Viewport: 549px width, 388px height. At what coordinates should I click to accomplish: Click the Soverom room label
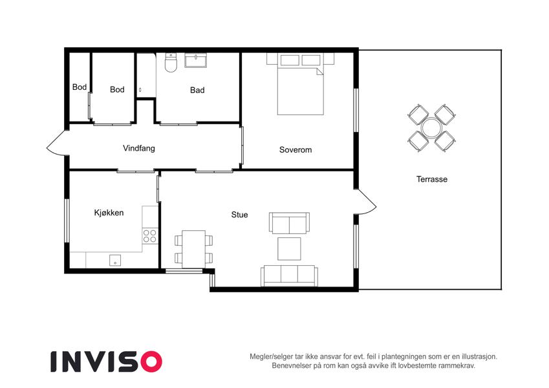(x=295, y=150)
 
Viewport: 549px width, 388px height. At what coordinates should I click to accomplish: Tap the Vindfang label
(x=138, y=148)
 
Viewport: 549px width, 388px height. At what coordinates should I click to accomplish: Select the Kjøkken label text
(x=109, y=213)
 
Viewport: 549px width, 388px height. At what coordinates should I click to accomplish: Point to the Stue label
(x=239, y=215)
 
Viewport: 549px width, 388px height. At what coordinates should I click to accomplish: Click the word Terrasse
(x=432, y=179)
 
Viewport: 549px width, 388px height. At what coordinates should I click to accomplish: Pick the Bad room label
(x=197, y=91)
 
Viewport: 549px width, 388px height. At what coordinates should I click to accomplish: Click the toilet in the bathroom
(x=171, y=63)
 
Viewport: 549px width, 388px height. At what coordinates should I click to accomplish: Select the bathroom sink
(x=195, y=60)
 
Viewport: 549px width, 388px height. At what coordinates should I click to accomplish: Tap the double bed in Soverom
(x=300, y=84)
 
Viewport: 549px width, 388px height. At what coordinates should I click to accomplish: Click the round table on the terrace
(x=431, y=128)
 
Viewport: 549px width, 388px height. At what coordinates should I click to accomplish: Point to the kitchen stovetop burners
(x=150, y=236)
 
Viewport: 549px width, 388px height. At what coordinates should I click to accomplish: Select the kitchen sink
(x=115, y=260)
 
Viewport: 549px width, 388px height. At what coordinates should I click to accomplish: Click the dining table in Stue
(x=193, y=249)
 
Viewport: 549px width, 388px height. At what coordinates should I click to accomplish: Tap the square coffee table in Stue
(x=289, y=248)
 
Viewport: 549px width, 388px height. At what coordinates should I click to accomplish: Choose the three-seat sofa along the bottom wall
(x=289, y=276)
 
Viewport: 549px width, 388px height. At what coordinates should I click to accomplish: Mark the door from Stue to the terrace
(x=367, y=202)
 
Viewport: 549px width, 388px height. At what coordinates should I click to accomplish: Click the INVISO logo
(x=107, y=361)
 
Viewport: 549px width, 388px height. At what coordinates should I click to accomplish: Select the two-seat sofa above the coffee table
(x=289, y=223)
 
